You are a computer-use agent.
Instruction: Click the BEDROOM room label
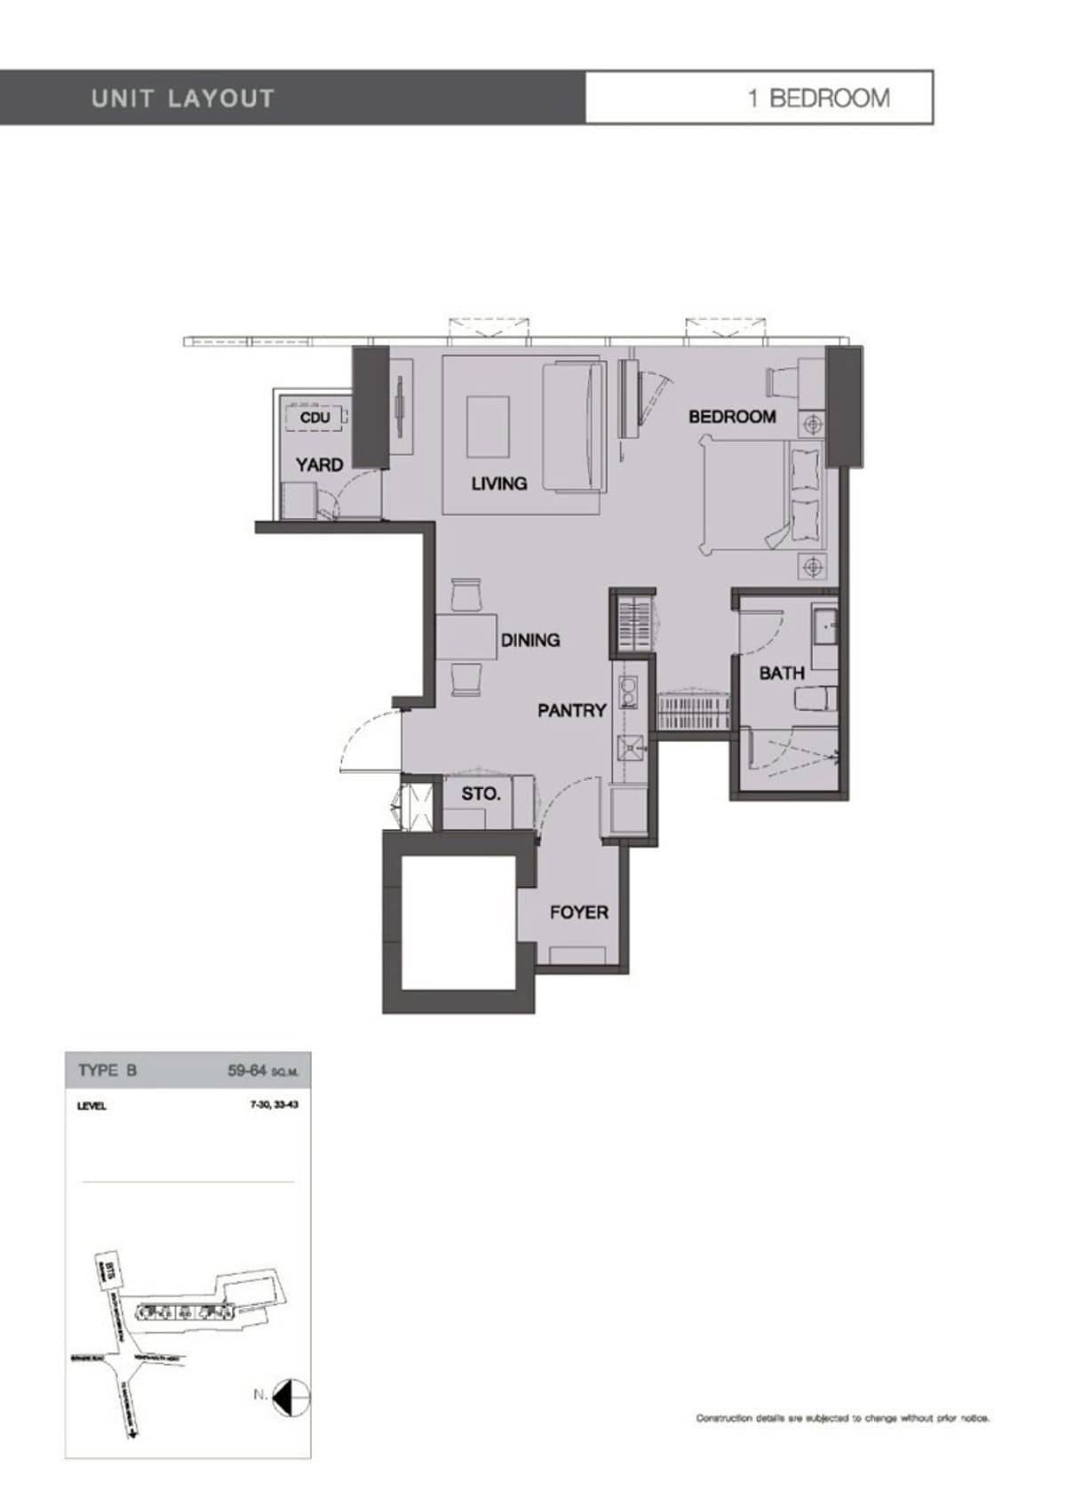732,417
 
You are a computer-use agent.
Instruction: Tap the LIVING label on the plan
498,483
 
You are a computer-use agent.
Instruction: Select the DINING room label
530,640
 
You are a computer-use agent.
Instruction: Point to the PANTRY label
571,710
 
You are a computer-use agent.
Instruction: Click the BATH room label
782,674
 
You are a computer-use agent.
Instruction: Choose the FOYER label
578,913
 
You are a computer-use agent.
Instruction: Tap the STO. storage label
481,794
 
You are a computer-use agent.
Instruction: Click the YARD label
319,465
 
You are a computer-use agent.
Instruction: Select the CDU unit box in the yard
314,417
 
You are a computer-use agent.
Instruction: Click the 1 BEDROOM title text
818,98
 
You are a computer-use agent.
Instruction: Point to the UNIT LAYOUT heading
183,98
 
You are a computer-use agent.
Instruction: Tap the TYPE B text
107,1071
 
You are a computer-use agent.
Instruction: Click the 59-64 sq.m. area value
263,1071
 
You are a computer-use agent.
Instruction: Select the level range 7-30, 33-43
274,1106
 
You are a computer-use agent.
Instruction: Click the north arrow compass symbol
291,1398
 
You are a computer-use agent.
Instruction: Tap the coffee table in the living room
488,427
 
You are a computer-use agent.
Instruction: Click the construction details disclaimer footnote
842,1418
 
